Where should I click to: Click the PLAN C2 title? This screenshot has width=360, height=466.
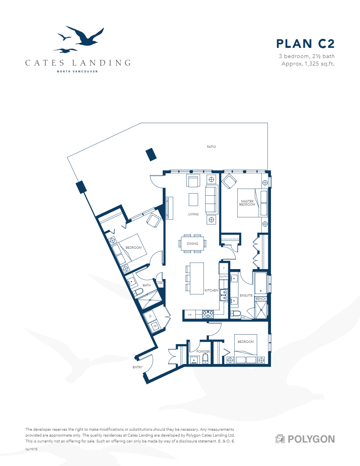pyautogui.click(x=305, y=44)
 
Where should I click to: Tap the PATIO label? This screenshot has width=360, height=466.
pyautogui.click(x=211, y=147)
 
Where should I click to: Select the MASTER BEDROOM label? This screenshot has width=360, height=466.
pyautogui.click(x=248, y=203)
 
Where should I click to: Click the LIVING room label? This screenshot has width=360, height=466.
pyautogui.click(x=193, y=214)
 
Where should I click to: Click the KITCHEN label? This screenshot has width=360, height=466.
pyautogui.click(x=211, y=290)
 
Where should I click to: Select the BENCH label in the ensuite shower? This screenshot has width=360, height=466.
pyautogui.click(x=261, y=299)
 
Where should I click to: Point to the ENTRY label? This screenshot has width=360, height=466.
pyautogui.click(x=137, y=367)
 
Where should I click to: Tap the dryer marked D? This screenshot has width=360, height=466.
pyautogui.click(x=150, y=316)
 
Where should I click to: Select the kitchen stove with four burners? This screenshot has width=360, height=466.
pyautogui.click(x=207, y=314)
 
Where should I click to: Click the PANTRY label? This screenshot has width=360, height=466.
pyautogui.click(x=224, y=277)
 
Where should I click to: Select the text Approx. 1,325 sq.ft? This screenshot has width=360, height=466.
pyautogui.click(x=308, y=64)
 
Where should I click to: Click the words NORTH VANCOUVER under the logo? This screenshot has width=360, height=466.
pyautogui.click(x=77, y=71)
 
